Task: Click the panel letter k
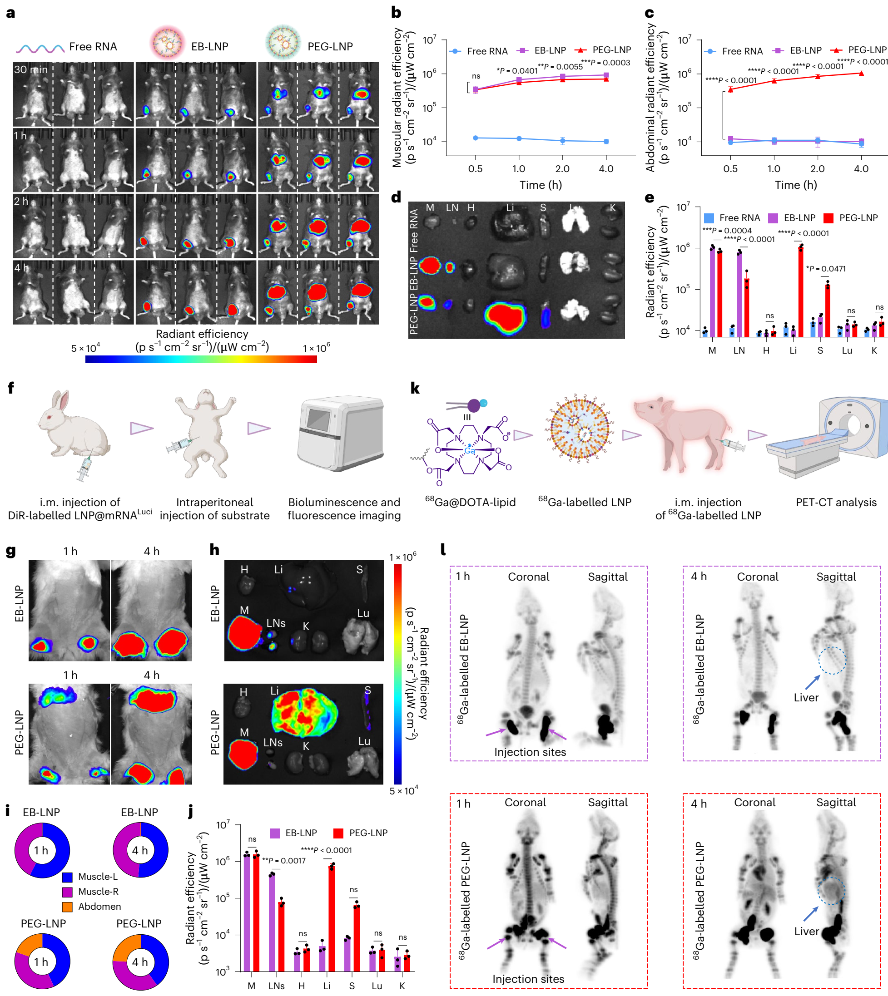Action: pyautogui.click(x=415, y=388)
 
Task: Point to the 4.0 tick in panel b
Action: pyautogui.click(x=606, y=169)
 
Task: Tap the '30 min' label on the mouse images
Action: pyautogui.click(x=31, y=70)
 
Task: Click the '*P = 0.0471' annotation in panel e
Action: pyautogui.click(x=826, y=269)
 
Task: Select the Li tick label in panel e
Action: pyautogui.click(x=793, y=350)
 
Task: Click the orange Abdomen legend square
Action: pyautogui.click(x=67, y=906)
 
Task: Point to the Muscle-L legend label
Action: pyautogui.click(x=98, y=877)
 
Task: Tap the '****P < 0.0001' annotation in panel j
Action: pyautogui.click(x=326, y=850)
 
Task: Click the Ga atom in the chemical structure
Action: pyautogui.click(x=469, y=450)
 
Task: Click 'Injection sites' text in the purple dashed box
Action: pyautogui.click(x=530, y=752)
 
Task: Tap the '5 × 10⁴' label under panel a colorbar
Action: pyautogui.click(x=85, y=348)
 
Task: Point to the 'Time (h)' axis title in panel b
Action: pyautogui.click(x=541, y=185)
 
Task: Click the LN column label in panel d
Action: pyautogui.click(x=452, y=207)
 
